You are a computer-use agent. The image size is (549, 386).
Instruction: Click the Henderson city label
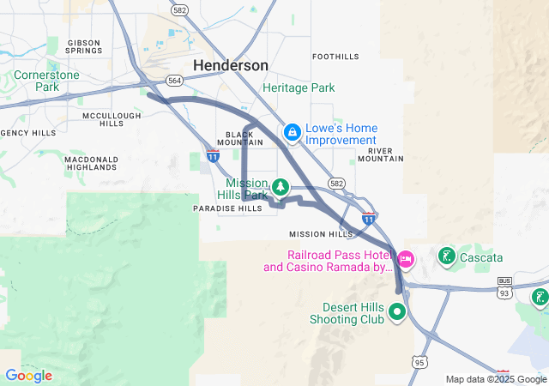(230, 65)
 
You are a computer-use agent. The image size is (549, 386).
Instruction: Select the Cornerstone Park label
(46, 81)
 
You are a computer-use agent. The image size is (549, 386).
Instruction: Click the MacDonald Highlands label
(91, 163)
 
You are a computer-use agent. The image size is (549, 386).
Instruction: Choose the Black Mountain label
(244, 138)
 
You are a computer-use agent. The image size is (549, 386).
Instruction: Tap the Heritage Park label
(299, 87)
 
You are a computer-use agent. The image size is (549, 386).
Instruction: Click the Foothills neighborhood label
(335, 57)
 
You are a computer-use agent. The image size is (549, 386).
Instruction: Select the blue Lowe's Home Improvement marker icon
(293, 131)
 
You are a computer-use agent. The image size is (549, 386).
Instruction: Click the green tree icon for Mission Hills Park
(280, 187)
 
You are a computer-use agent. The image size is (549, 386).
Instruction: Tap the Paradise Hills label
(227, 208)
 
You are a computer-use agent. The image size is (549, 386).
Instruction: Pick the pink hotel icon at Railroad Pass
(405, 257)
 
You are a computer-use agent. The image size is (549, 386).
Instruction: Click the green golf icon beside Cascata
(447, 256)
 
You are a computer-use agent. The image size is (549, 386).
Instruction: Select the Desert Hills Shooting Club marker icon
(396, 311)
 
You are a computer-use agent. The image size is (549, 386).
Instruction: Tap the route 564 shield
(175, 80)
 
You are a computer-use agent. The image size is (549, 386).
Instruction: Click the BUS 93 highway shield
(505, 286)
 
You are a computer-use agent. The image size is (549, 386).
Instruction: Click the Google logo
(28, 376)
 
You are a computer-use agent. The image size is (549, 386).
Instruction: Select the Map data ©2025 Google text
(496, 379)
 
